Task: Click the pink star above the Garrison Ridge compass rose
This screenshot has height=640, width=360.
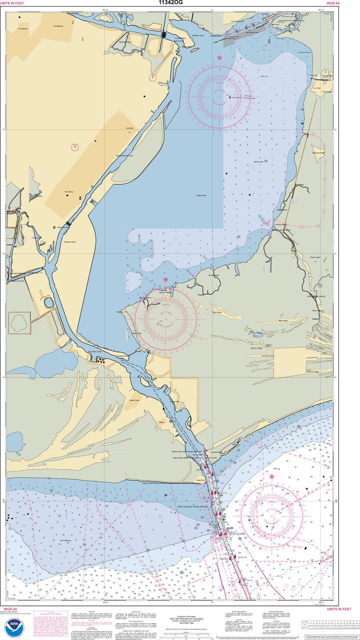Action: click(x=165, y=279)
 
